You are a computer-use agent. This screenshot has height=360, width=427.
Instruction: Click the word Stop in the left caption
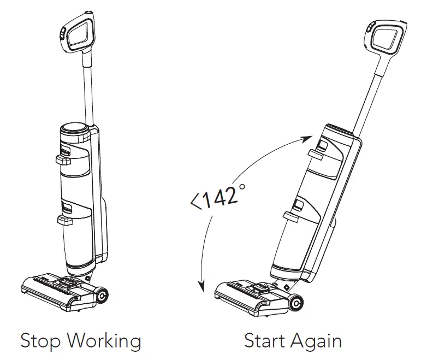41,341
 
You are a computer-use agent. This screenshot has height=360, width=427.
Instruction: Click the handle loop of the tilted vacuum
388,37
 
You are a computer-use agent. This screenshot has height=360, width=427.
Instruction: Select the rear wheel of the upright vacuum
102,295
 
